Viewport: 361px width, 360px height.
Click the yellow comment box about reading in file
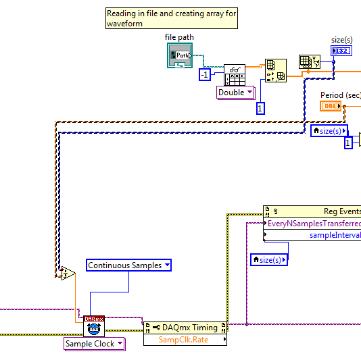click(171, 18)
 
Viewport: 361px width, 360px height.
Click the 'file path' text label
click(179, 36)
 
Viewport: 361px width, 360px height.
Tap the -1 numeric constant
click(204, 75)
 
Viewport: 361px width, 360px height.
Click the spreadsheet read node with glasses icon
click(234, 75)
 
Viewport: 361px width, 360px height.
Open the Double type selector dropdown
click(235, 93)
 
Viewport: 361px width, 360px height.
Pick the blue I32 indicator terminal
click(341, 51)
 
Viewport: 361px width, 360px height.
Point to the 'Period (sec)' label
click(340, 95)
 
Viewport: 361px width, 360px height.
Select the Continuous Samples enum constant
click(128, 265)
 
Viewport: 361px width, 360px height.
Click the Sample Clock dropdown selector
click(94, 344)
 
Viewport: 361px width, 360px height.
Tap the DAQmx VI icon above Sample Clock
click(93, 326)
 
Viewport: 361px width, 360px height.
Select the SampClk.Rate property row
click(185, 339)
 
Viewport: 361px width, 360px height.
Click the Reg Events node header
click(312, 211)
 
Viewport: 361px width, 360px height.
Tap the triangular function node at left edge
click(66, 273)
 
